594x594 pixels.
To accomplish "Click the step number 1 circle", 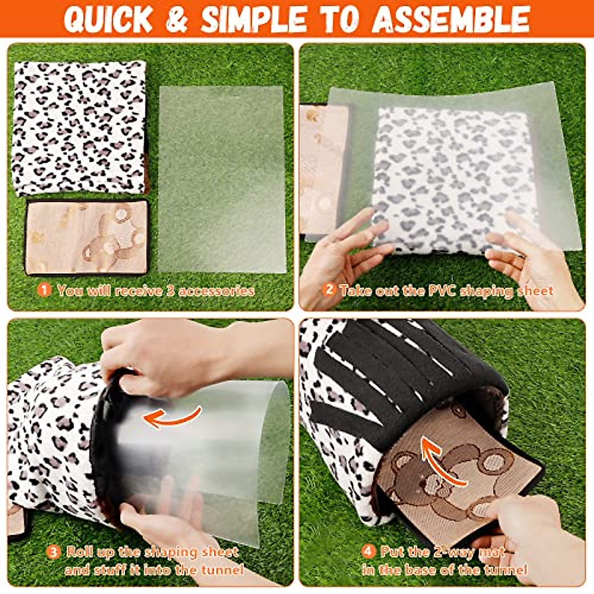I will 45,290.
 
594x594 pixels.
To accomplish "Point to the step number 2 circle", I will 329,290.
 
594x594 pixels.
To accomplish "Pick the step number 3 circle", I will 53,551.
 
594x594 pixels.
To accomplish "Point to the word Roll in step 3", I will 80,551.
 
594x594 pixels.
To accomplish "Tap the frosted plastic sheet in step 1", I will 222,178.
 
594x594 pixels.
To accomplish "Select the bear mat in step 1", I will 87,237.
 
